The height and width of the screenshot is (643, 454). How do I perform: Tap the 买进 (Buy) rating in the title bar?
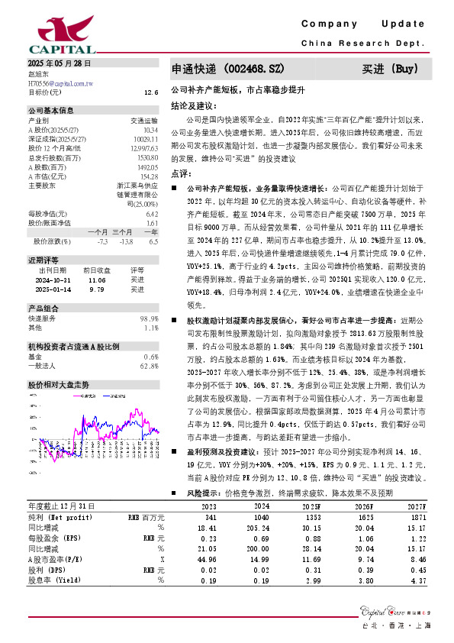[x=391, y=69]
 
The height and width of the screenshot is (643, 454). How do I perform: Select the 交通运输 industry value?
[x=144, y=121]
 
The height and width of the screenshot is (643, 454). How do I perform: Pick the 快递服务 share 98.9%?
[x=149, y=318]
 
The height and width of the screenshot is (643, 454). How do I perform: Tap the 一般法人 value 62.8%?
[x=149, y=366]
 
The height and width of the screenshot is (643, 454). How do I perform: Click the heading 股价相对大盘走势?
[x=59, y=384]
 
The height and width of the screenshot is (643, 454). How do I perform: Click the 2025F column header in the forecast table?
[x=312, y=506]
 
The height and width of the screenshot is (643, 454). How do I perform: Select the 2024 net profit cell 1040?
[x=261, y=517]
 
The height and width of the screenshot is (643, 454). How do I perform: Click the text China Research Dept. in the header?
[x=362, y=44]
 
